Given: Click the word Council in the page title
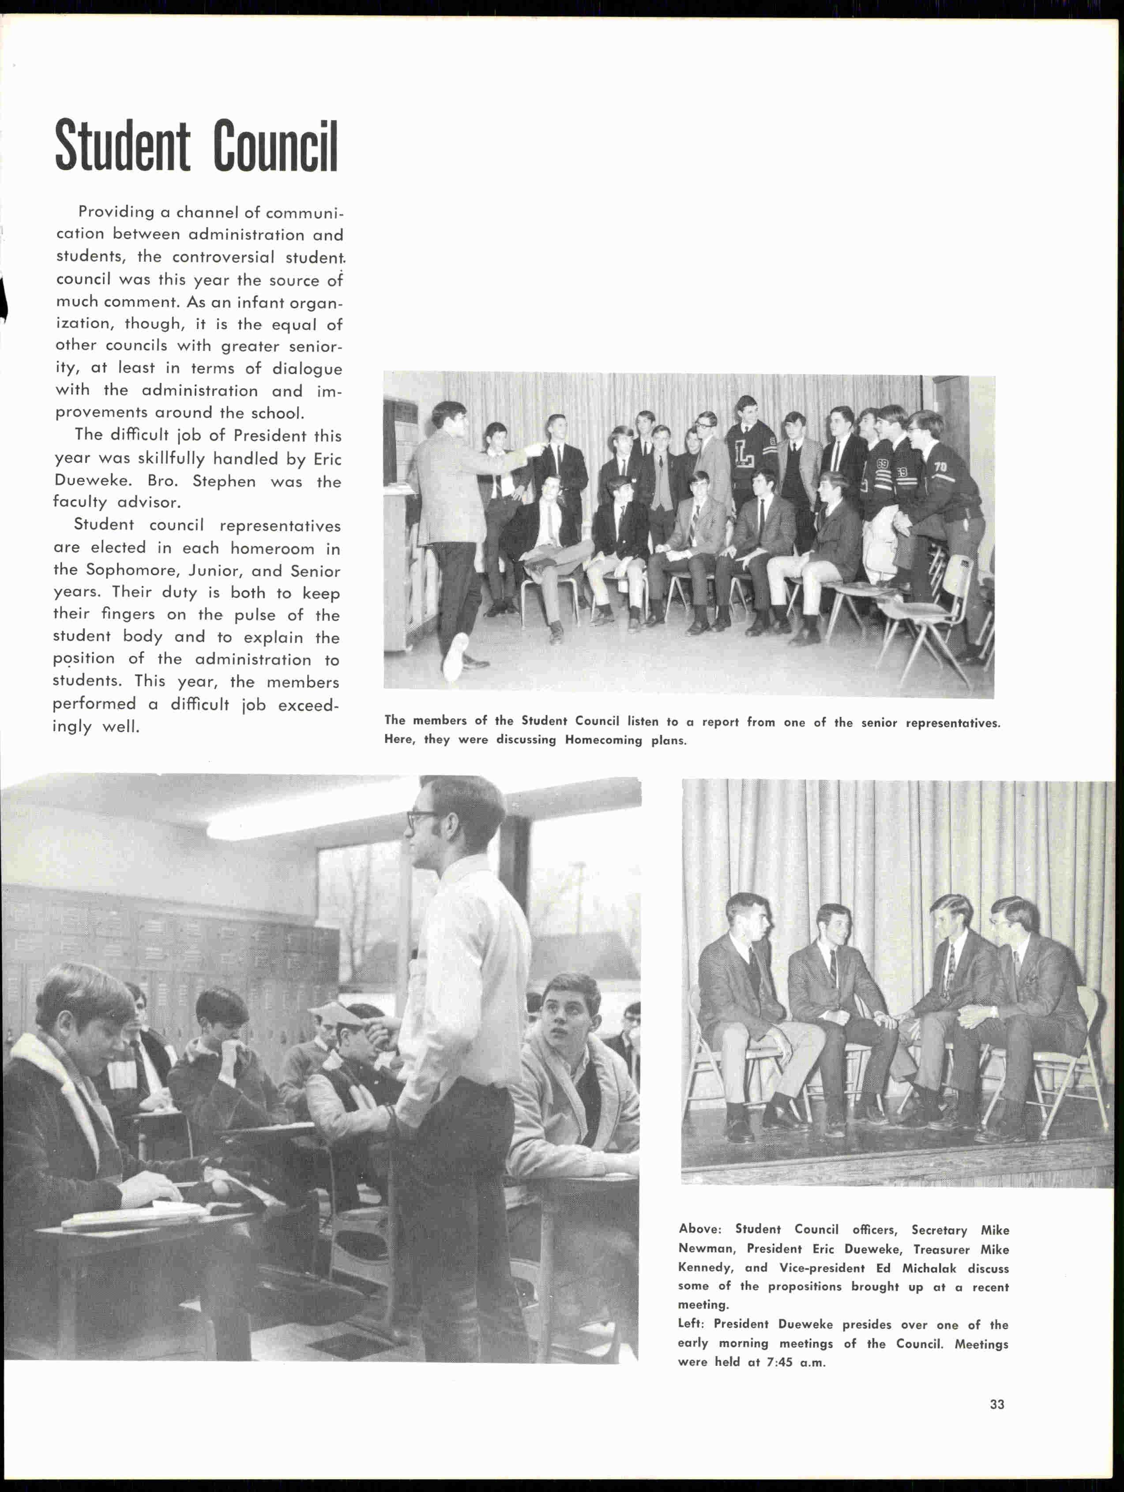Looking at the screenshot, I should click(275, 146).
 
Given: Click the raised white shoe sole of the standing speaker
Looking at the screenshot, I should click(456, 654).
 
